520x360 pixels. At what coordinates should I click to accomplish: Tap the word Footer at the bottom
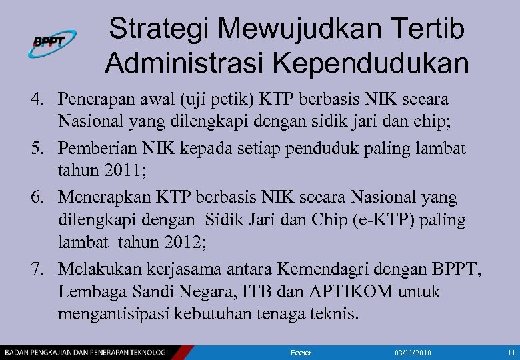pos(301,351)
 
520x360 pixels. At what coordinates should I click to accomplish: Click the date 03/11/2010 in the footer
pos(413,351)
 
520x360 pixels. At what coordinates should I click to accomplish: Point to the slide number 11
pos(511,351)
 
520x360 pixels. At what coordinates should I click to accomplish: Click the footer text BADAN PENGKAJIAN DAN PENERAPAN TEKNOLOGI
pos(87,351)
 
